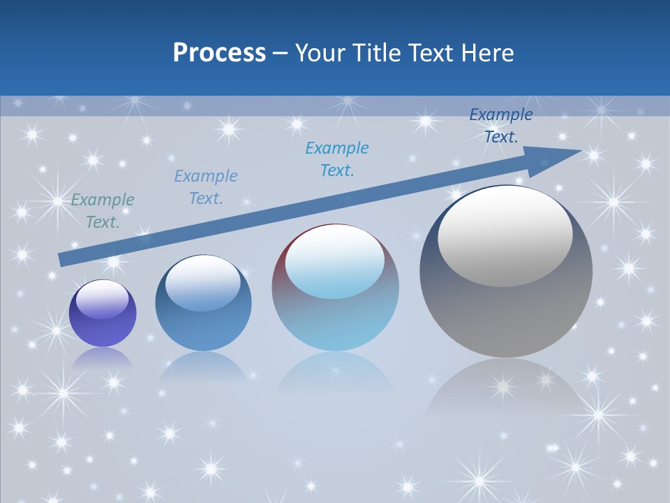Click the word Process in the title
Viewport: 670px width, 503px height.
click(x=219, y=53)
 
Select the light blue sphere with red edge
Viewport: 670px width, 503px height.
click(x=335, y=314)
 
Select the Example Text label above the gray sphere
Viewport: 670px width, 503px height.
click(x=501, y=126)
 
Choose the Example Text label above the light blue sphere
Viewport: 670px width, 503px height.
click(x=337, y=159)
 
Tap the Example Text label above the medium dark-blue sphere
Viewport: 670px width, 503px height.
click(x=206, y=187)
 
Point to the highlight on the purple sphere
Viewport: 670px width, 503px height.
click(x=102, y=300)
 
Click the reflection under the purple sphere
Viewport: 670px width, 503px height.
click(x=103, y=358)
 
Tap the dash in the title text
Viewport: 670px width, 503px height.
click(x=281, y=54)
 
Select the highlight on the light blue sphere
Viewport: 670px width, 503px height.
click(x=334, y=262)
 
